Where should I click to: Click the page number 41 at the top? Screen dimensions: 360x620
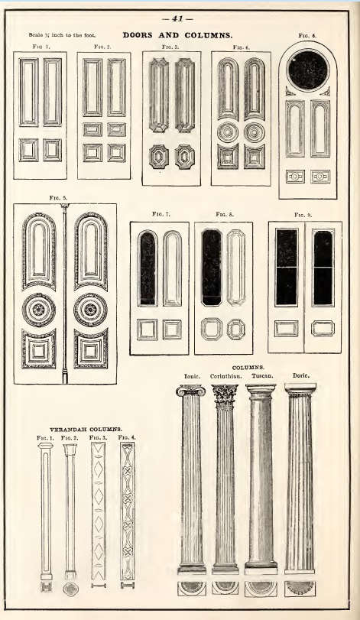(178, 18)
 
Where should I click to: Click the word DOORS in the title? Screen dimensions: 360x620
(138, 35)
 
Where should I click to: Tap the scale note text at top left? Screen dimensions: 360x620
(62, 35)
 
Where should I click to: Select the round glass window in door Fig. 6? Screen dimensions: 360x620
(308, 70)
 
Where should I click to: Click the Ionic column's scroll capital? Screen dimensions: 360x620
(191, 391)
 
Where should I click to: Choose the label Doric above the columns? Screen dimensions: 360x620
(300, 375)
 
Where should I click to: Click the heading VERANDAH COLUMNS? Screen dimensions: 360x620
(86, 429)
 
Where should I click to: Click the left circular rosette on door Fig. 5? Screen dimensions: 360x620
(39, 310)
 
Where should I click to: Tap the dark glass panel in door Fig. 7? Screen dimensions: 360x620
(148, 268)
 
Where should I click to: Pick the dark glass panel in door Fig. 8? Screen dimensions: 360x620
(212, 268)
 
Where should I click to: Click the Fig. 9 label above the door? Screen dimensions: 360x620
(303, 215)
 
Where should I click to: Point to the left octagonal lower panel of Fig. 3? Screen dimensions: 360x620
(159, 157)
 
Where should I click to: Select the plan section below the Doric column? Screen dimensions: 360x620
(300, 589)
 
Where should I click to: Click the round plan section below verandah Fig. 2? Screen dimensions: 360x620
(71, 589)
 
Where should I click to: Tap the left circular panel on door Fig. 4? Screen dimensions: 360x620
(228, 131)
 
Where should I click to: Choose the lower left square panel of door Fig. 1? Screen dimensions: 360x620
(29, 150)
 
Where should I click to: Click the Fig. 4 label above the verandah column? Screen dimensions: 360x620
(127, 438)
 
